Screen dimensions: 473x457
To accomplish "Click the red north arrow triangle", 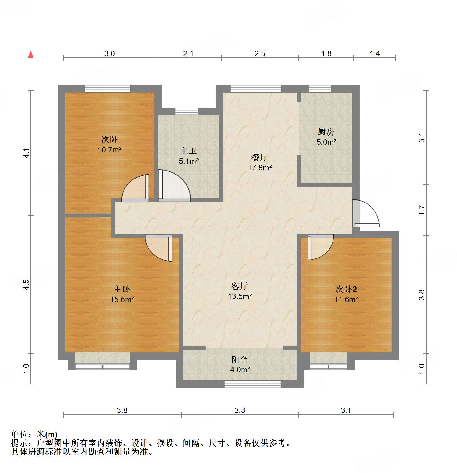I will click(31, 55).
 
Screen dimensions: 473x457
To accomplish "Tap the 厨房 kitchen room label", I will click(326, 132).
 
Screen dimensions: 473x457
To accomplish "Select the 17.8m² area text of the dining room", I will click(260, 168).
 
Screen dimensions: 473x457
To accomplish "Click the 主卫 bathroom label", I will click(188, 151).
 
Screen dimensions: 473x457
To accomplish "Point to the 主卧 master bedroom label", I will click(122, 289).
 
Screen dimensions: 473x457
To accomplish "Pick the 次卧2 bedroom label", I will click(346, 289).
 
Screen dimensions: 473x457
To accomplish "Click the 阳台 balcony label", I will click(239, 359).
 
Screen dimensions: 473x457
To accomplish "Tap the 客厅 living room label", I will click(239, 286).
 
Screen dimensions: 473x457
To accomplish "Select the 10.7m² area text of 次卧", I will click(109, 150).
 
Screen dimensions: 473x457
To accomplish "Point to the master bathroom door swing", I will click(174, 185).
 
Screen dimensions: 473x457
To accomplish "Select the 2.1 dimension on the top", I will click(188, 54).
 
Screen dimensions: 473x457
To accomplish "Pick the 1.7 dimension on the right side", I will click(422, 210).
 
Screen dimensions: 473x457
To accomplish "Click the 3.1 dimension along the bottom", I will click(346, 411).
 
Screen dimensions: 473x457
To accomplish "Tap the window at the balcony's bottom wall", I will click(253, 384).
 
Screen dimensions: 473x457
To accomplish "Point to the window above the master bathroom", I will click(187, 111).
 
